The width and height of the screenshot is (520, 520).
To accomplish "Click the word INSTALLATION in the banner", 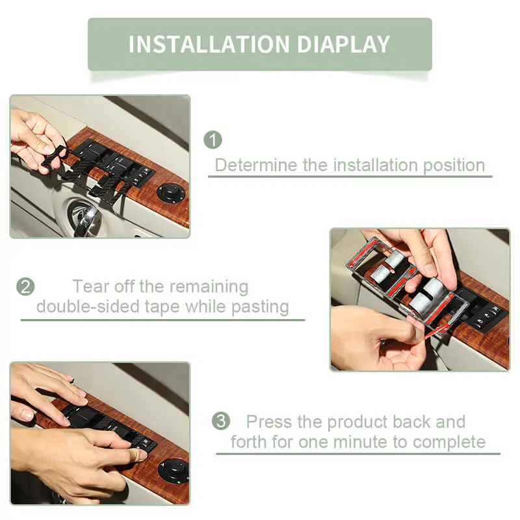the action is (209, 44).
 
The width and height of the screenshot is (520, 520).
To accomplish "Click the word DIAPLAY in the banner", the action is (344, 44).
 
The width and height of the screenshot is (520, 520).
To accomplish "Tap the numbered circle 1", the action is (213, 140).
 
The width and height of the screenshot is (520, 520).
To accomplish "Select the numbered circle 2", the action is (25, 287).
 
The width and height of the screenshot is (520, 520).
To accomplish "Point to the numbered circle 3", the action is (221, 421).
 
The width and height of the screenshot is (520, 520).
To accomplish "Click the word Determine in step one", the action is (256, 165).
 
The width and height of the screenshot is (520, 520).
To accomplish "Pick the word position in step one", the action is (454, 166).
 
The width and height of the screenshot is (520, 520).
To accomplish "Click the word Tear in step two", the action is (91, 287).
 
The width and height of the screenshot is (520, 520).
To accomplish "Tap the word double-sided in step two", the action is (88, 307).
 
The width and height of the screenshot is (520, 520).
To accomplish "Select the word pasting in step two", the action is (261, 307).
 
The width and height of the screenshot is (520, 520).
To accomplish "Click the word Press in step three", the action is (269, 422).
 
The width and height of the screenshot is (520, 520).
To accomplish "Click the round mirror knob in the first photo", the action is (170, 193).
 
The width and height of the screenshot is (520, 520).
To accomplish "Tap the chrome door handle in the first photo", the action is (83, 217).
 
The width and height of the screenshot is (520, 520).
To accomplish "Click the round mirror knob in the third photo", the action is (173, 470).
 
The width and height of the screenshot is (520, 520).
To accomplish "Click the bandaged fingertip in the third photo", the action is (138, 455).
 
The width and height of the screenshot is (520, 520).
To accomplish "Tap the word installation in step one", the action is (376, 165).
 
